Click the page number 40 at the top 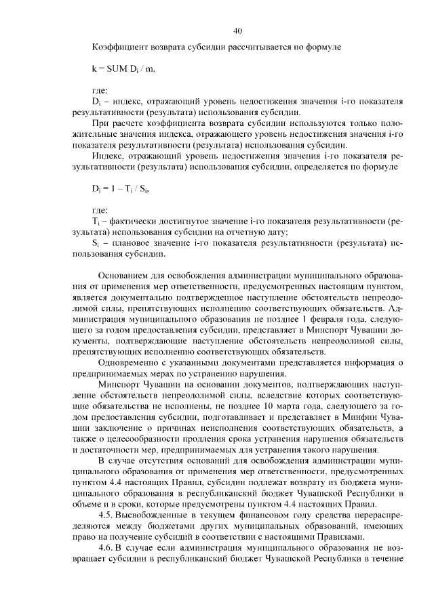point(237,30)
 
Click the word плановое point(129,242)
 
